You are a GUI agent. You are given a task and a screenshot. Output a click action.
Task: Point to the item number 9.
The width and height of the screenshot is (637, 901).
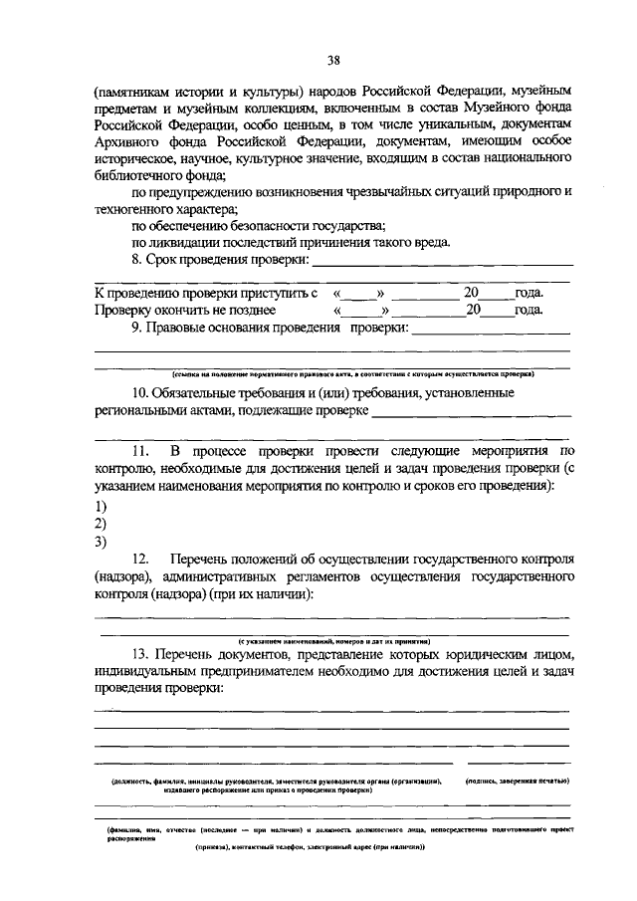pos(138,328)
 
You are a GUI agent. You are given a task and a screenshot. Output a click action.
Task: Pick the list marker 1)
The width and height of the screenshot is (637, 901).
pos(101,506)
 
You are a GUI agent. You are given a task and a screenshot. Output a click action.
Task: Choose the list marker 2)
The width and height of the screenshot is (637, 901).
pos(101,524)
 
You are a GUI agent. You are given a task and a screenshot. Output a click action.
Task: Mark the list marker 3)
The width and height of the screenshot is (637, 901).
pos(101,543)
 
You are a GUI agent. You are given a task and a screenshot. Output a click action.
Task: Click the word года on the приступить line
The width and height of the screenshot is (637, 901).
pos(529,294)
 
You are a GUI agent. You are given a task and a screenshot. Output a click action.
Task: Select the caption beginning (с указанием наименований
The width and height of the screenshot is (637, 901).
pos(332,642)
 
